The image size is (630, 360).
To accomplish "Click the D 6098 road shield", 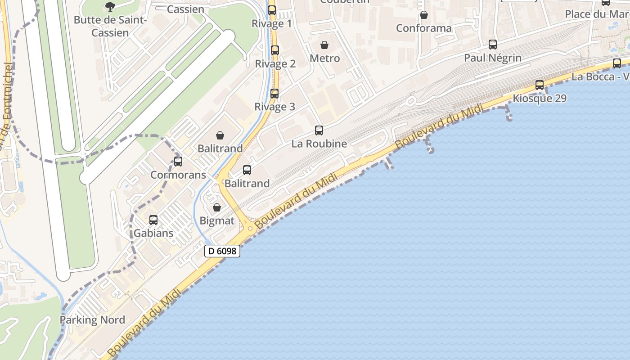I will coord(222,251).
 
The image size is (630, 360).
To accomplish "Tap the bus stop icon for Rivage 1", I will coord(272,10).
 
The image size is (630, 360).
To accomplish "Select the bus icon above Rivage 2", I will coord(275,50).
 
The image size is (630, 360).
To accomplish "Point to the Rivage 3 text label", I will coord(275,107).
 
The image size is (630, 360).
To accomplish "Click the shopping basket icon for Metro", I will coord(324,45).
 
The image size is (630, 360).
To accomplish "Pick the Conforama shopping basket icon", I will coord(424,15).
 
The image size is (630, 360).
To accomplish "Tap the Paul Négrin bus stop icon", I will coord(493,45).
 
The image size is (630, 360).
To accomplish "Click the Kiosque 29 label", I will coord(540,98).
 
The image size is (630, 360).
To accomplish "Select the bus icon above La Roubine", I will coord(319,130).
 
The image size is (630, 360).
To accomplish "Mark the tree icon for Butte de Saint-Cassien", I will coord(110,6).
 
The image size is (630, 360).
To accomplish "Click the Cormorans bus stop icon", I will coord(178,162).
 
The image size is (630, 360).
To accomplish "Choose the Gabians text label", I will coord(153,233).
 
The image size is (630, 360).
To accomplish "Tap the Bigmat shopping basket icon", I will coord(217,207).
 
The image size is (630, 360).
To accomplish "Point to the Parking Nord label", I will coord(93,320).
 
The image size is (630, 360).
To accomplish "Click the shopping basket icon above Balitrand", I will coord(220,135).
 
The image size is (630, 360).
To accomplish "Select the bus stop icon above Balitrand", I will coord(247,170).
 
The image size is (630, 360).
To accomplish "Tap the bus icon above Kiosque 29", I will coord(540,85).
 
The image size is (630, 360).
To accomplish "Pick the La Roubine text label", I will coord(319,144).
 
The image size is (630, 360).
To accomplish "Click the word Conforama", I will coord(424,28).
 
